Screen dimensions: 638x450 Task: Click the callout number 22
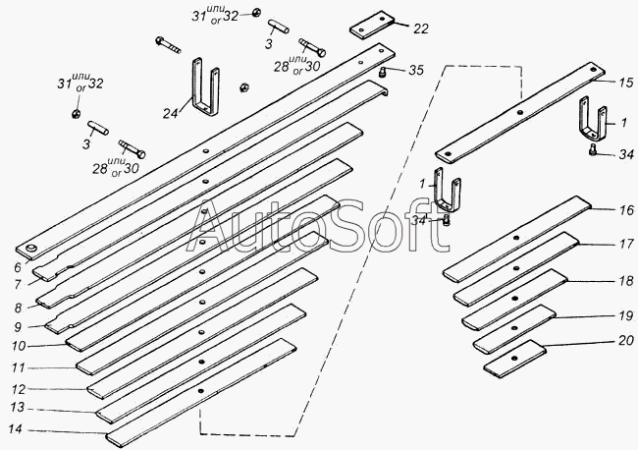tap(421, 28)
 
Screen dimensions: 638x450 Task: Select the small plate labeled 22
tap(372, 26)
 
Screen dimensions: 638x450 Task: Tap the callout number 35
tap(416, 70)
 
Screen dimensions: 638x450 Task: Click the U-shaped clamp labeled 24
tap(206, 87)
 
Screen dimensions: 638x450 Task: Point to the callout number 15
tap(626, 83)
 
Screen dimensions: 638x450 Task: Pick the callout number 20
tap(626, 340)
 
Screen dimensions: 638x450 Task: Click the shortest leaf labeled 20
tap(514, 359)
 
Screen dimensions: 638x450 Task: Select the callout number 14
tap(16, 429)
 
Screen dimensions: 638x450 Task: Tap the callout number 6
tap(18, 267)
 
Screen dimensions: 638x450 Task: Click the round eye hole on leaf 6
tap(31, 249)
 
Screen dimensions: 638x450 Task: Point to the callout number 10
tap(19, 346)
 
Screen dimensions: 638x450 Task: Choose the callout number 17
tap(626, 244)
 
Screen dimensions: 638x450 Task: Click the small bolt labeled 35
tap(383, 73)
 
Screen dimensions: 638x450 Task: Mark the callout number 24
tap(171, 113)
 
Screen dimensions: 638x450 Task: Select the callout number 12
tap(19, 390)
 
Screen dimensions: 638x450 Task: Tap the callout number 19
tap(626, 316)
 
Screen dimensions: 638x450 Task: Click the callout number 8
tap(18, 309)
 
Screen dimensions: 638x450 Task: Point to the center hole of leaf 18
tap(515, 299)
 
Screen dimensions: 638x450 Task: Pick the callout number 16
tap(626, 210)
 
